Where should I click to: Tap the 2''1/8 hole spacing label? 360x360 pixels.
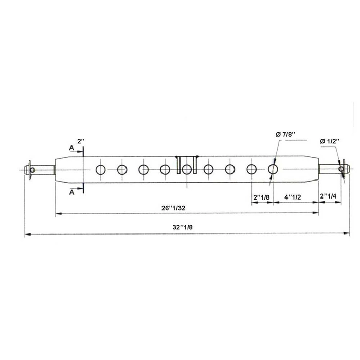click(x=261, y=196)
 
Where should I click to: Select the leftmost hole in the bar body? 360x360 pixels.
click(x=101, y=169)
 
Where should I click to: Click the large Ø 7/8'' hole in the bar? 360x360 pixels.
click(x=273, y=169)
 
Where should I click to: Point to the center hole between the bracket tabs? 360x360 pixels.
click(x=187, y=169)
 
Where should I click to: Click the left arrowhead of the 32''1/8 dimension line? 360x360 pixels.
click(x=27, y=235)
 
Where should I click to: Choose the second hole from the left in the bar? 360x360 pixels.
click(x=122, y=169)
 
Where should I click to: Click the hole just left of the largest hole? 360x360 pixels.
click(x=252, y=169)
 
